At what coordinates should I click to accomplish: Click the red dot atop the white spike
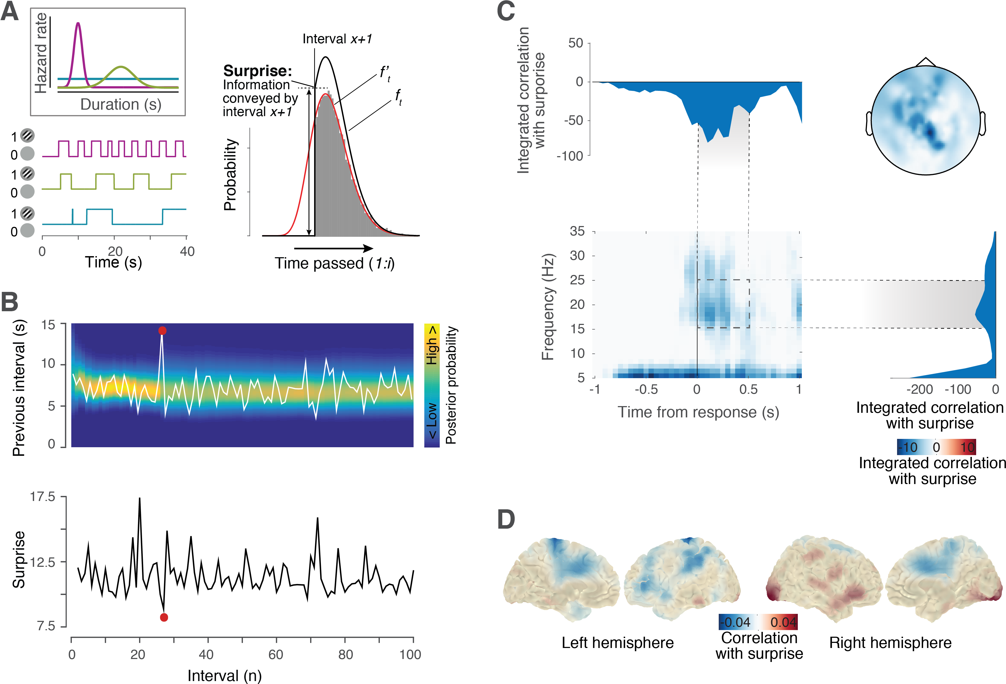point(162,331)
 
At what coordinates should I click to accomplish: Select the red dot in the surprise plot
point(164,617)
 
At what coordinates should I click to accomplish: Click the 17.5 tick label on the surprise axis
point(42,497)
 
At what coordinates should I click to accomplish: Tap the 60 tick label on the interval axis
point(276,655)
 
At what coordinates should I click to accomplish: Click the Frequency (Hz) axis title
point(548,307)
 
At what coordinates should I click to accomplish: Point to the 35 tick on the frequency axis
point(578,231)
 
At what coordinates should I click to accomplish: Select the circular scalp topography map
point(926,120)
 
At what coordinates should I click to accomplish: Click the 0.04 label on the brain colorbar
point(783,622)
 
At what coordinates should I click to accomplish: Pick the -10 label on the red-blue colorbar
point(908,447)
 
